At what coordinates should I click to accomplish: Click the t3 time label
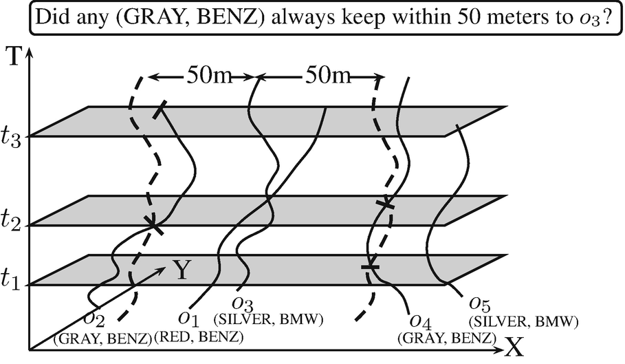click(14, 138)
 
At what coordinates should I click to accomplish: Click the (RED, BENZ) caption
click(199, 338)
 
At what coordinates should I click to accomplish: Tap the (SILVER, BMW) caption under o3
click(270, 320)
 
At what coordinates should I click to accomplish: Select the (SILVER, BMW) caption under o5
click(523, 320)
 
